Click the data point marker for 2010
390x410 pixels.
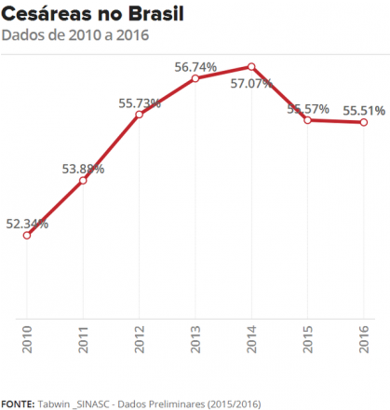(27, 235)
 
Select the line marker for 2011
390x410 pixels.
(83, 180)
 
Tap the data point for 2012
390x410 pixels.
(139, 115)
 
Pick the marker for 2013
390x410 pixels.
(195, 78)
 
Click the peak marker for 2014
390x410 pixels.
(251, 66)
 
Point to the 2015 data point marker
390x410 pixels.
(308, 120)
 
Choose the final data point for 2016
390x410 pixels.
(364, 122)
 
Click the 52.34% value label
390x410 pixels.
(27, 224)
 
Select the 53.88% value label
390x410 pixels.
(83, 169)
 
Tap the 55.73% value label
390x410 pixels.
(139, 102)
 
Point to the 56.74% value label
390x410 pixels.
(195, 67)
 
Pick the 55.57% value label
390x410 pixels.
(308, 109)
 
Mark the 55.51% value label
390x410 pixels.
(364, 110)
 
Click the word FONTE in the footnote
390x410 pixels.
(18, 403)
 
